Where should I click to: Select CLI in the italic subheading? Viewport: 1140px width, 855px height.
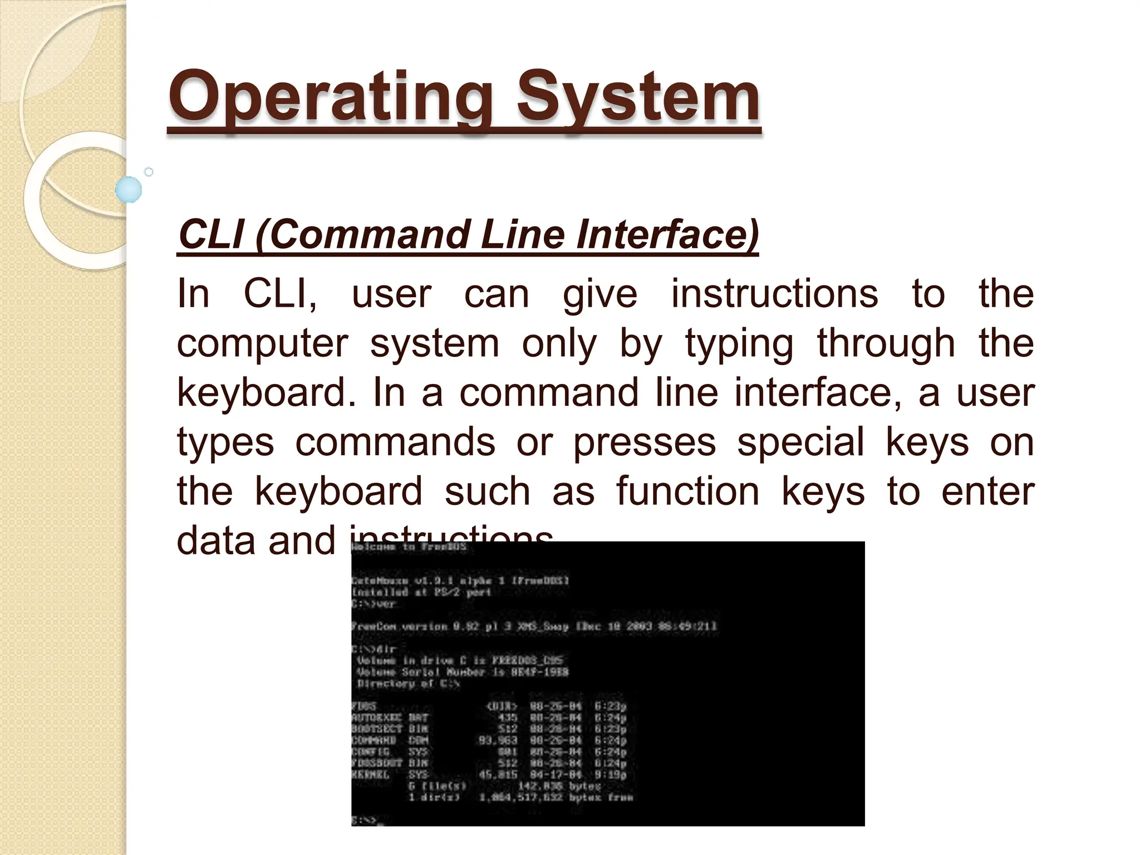[x=211, y=234]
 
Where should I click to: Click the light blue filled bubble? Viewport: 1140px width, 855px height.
[x=129, y=190]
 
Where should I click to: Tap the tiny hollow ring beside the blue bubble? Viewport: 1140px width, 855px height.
[x=149, y=172]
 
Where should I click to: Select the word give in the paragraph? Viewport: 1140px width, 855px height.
[x=600, y=295]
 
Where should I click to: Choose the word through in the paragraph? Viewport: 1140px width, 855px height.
[x=886, y=343]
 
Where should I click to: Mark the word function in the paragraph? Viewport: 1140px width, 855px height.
[x=687, y=492]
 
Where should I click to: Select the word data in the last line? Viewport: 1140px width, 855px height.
[x=217, y=541]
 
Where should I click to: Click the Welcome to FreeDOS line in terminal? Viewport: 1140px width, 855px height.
[x=409, y=547]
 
